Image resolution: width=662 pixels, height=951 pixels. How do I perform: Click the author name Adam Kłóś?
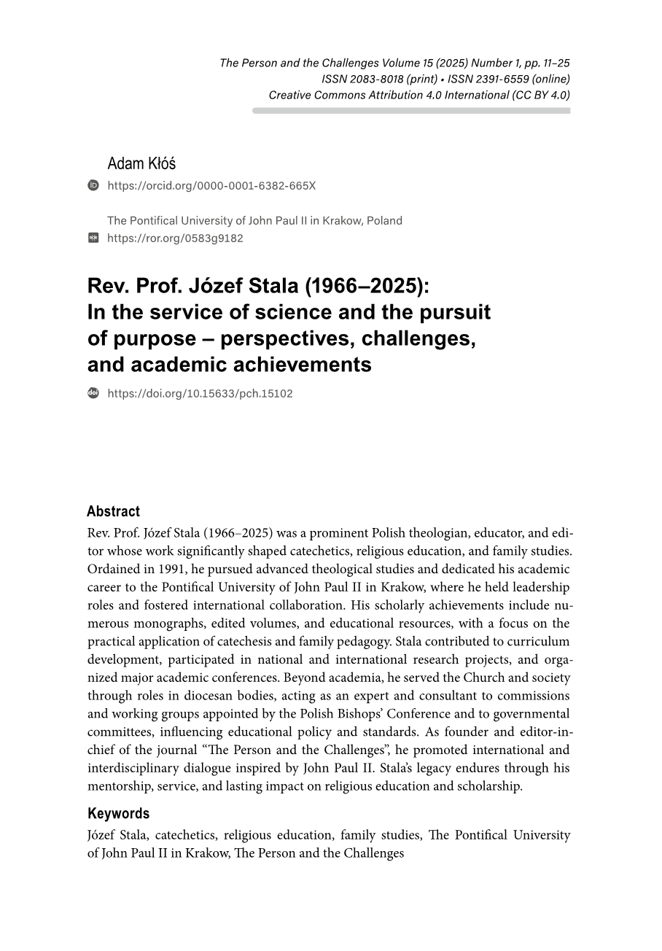pos(141,163)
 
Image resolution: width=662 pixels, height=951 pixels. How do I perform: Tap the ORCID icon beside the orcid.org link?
pos(93,185)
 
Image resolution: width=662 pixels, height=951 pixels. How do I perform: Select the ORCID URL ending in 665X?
pos(211,186)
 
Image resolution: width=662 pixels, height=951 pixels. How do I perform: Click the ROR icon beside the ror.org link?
pos(93,238)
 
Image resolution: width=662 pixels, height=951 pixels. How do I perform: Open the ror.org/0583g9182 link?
pos(175,238)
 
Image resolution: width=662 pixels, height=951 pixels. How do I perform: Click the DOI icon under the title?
pos(93,393)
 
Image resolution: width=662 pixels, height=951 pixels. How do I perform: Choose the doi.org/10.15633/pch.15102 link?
pos(200,394)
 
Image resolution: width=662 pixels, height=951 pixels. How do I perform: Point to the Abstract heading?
pos(113,511)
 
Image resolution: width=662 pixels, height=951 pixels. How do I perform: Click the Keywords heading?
pos(118,813)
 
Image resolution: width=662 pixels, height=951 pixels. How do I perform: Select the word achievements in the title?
pos(305,365)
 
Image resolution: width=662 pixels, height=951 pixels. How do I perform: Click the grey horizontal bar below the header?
pos(411,111)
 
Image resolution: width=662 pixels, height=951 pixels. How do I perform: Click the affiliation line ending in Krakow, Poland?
pos(254,220)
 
